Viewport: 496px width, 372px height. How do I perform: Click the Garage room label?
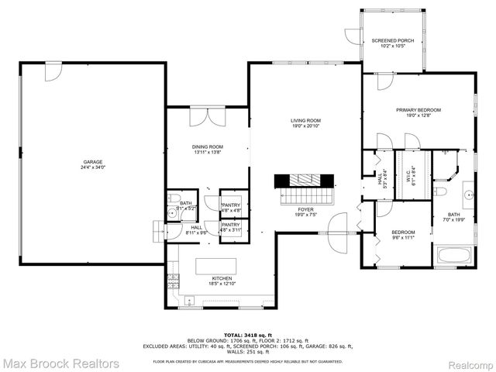(x=92, y=164)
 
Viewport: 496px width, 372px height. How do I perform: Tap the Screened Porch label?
(x=392, y=43)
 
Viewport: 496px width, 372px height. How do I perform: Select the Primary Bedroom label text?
(x=418, y=112)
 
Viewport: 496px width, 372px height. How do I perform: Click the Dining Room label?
(x=208, y=149)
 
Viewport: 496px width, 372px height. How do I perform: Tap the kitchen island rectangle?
(x=219, y=266)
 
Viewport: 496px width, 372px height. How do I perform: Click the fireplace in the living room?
(x=304, y=179)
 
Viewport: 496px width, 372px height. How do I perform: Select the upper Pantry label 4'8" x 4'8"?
(x=231, y=206)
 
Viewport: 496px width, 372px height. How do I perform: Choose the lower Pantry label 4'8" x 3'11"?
(x=231, y=228)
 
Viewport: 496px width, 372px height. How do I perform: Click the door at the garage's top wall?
(x=52, y=71)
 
